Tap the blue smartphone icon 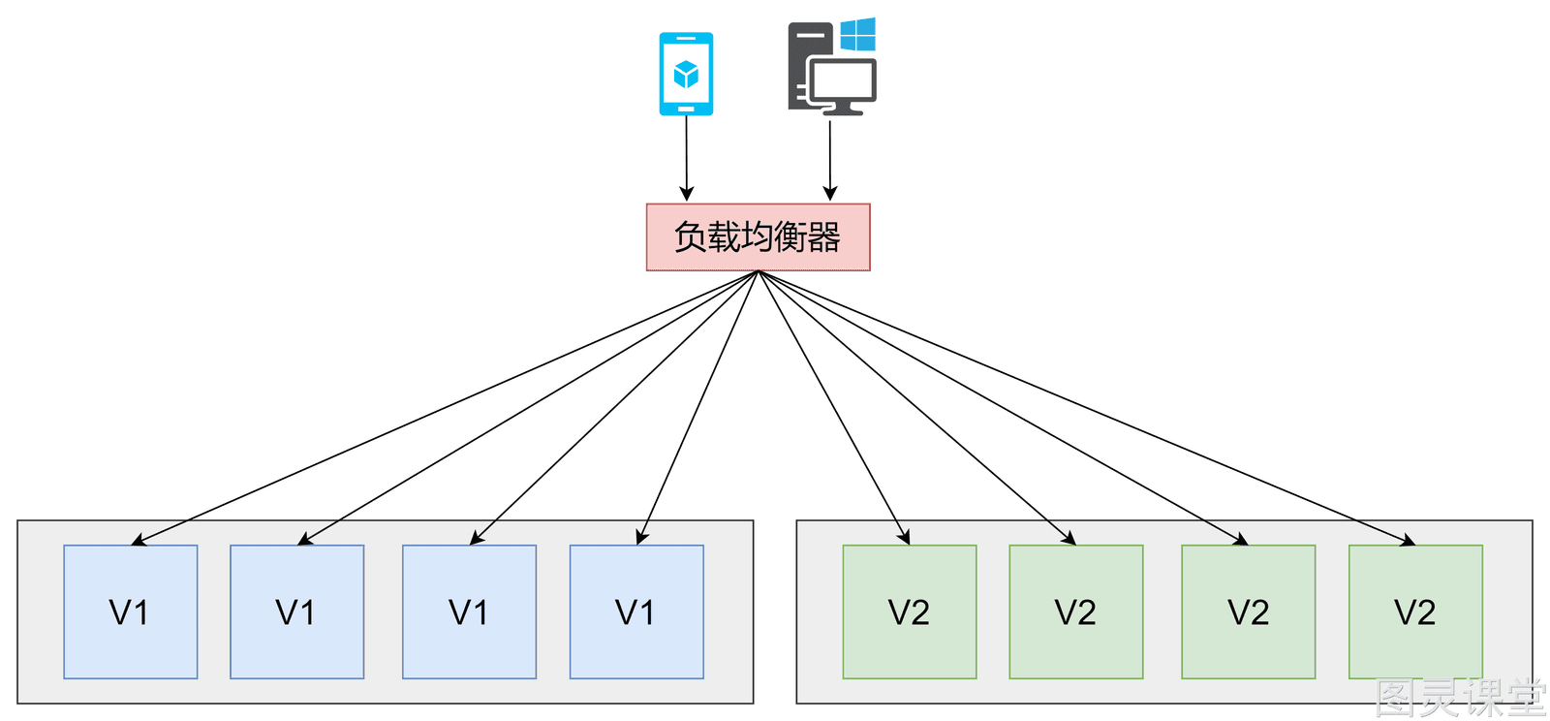point(686,74)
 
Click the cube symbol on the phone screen point(686,74)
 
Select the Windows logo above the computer point(858,35)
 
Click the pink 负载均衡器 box point(758,237)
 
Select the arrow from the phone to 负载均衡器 point(687,159)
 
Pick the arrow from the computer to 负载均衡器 point(830,160)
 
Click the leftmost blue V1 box point(130,611)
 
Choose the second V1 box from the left point(296,611)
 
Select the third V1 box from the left point(469,611)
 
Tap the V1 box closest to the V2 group point(636,611)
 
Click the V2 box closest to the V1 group point(910,611)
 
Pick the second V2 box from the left point(1076,611)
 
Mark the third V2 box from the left point(1249,611)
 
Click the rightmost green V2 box point(1415,611)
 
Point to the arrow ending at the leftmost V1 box point(445,408)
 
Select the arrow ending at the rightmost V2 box point(1087,408)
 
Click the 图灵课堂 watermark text point(1460,698)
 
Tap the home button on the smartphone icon point(686,109)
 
